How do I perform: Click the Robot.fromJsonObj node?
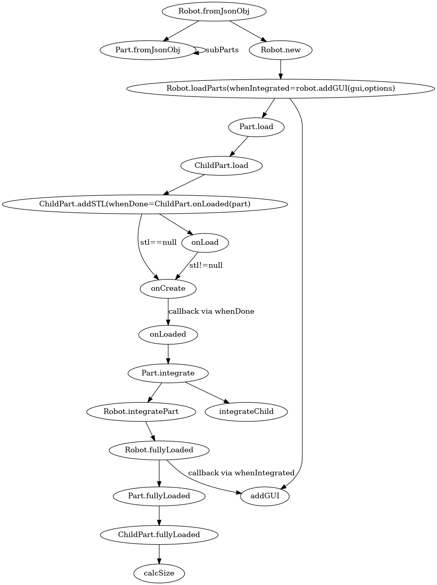click(214, 11)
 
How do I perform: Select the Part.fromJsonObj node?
click(148, 50)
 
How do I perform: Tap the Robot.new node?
click(281, 50)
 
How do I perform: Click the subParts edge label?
click(222, 50)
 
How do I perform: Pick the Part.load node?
click(256, 127)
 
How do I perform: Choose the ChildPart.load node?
click(221, 166)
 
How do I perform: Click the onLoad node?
click(205, 242)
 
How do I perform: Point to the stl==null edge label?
click(158, 242)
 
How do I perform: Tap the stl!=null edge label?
click(206, 265)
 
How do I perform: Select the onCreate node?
click(168, 288)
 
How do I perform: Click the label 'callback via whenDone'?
click(211, 311)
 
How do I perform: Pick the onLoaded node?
click(168, 334)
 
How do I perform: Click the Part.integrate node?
click(168, 373)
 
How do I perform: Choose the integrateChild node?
click(246, 411)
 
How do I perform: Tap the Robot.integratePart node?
click(141, 411)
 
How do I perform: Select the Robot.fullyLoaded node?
click(159, 450)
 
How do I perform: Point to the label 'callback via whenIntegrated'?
click(241, 473)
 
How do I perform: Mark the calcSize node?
click(159, 573)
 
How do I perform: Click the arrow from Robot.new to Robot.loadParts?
click(281, 69)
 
